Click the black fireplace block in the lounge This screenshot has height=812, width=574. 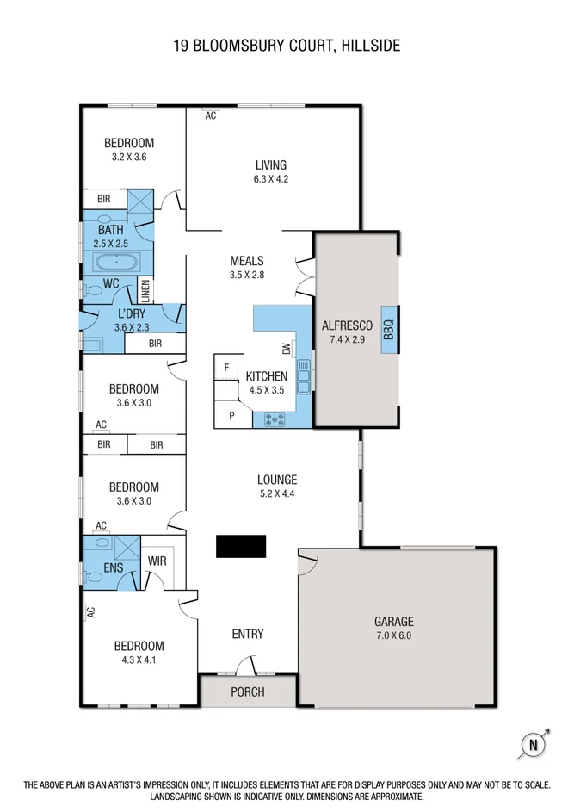[x=241, y=546]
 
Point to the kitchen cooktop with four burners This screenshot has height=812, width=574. [x=275, y=420]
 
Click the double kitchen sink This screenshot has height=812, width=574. [x=303, y=376]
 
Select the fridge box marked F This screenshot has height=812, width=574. [x=226, y=368]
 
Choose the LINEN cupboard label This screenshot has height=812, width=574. [x=146, y=291]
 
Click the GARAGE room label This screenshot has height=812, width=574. [x=393, y=621]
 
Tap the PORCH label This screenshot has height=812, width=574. [x=248, y=691]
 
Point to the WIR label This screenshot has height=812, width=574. [x=157, y=561]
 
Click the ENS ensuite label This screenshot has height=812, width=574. [x=114, y=567]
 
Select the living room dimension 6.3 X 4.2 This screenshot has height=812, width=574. [x=270, y=180]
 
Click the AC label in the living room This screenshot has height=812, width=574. [x=210, y=116]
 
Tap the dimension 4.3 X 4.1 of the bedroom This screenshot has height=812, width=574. [x=139, y=660]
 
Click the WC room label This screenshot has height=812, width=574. [x=110, y=282]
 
